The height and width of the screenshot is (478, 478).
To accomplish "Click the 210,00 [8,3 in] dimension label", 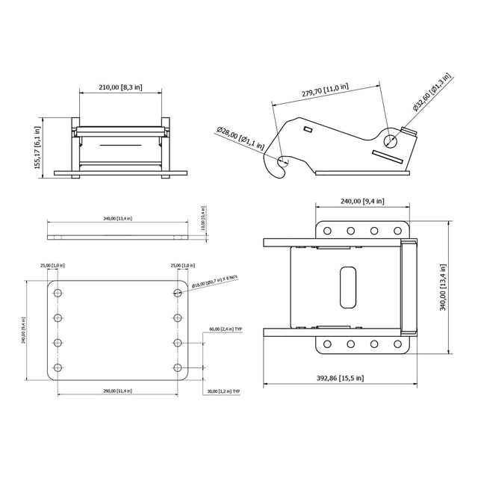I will tap(120, 87).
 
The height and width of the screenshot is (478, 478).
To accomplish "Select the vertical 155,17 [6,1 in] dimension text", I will tap(37, 147).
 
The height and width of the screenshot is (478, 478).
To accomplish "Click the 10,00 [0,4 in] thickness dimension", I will tap(202, 217).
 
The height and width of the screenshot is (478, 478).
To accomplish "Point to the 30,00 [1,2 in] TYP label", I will tap(225, 391).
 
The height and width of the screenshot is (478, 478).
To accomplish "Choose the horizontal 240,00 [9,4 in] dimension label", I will tap(361, 201).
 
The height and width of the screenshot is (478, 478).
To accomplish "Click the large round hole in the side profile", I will tap(388, 139).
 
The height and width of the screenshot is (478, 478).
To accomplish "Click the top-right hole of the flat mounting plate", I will tap(178, 292).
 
